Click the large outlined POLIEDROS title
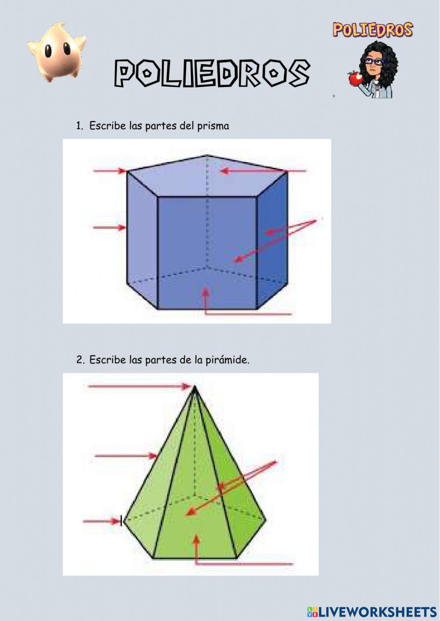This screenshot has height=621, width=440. pyautogui.click(x=212, y=73)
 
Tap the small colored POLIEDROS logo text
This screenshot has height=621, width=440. pyautogui.click(x=373, y=30)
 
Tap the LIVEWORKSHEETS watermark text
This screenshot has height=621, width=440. pyautogui.click(x=372, y=612)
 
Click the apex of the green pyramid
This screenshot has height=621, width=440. pyautogui.click(x=194, y=386)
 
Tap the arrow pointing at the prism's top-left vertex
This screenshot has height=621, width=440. pyautogui.click(x=110, y=171)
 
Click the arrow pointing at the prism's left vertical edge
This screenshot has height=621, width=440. pyautogui.click(x=110, y=227)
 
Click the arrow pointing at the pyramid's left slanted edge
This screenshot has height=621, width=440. pyautogui.click(x=126, y=456)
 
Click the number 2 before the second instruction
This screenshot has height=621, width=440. pyautogui.click(x=80, y=360)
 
